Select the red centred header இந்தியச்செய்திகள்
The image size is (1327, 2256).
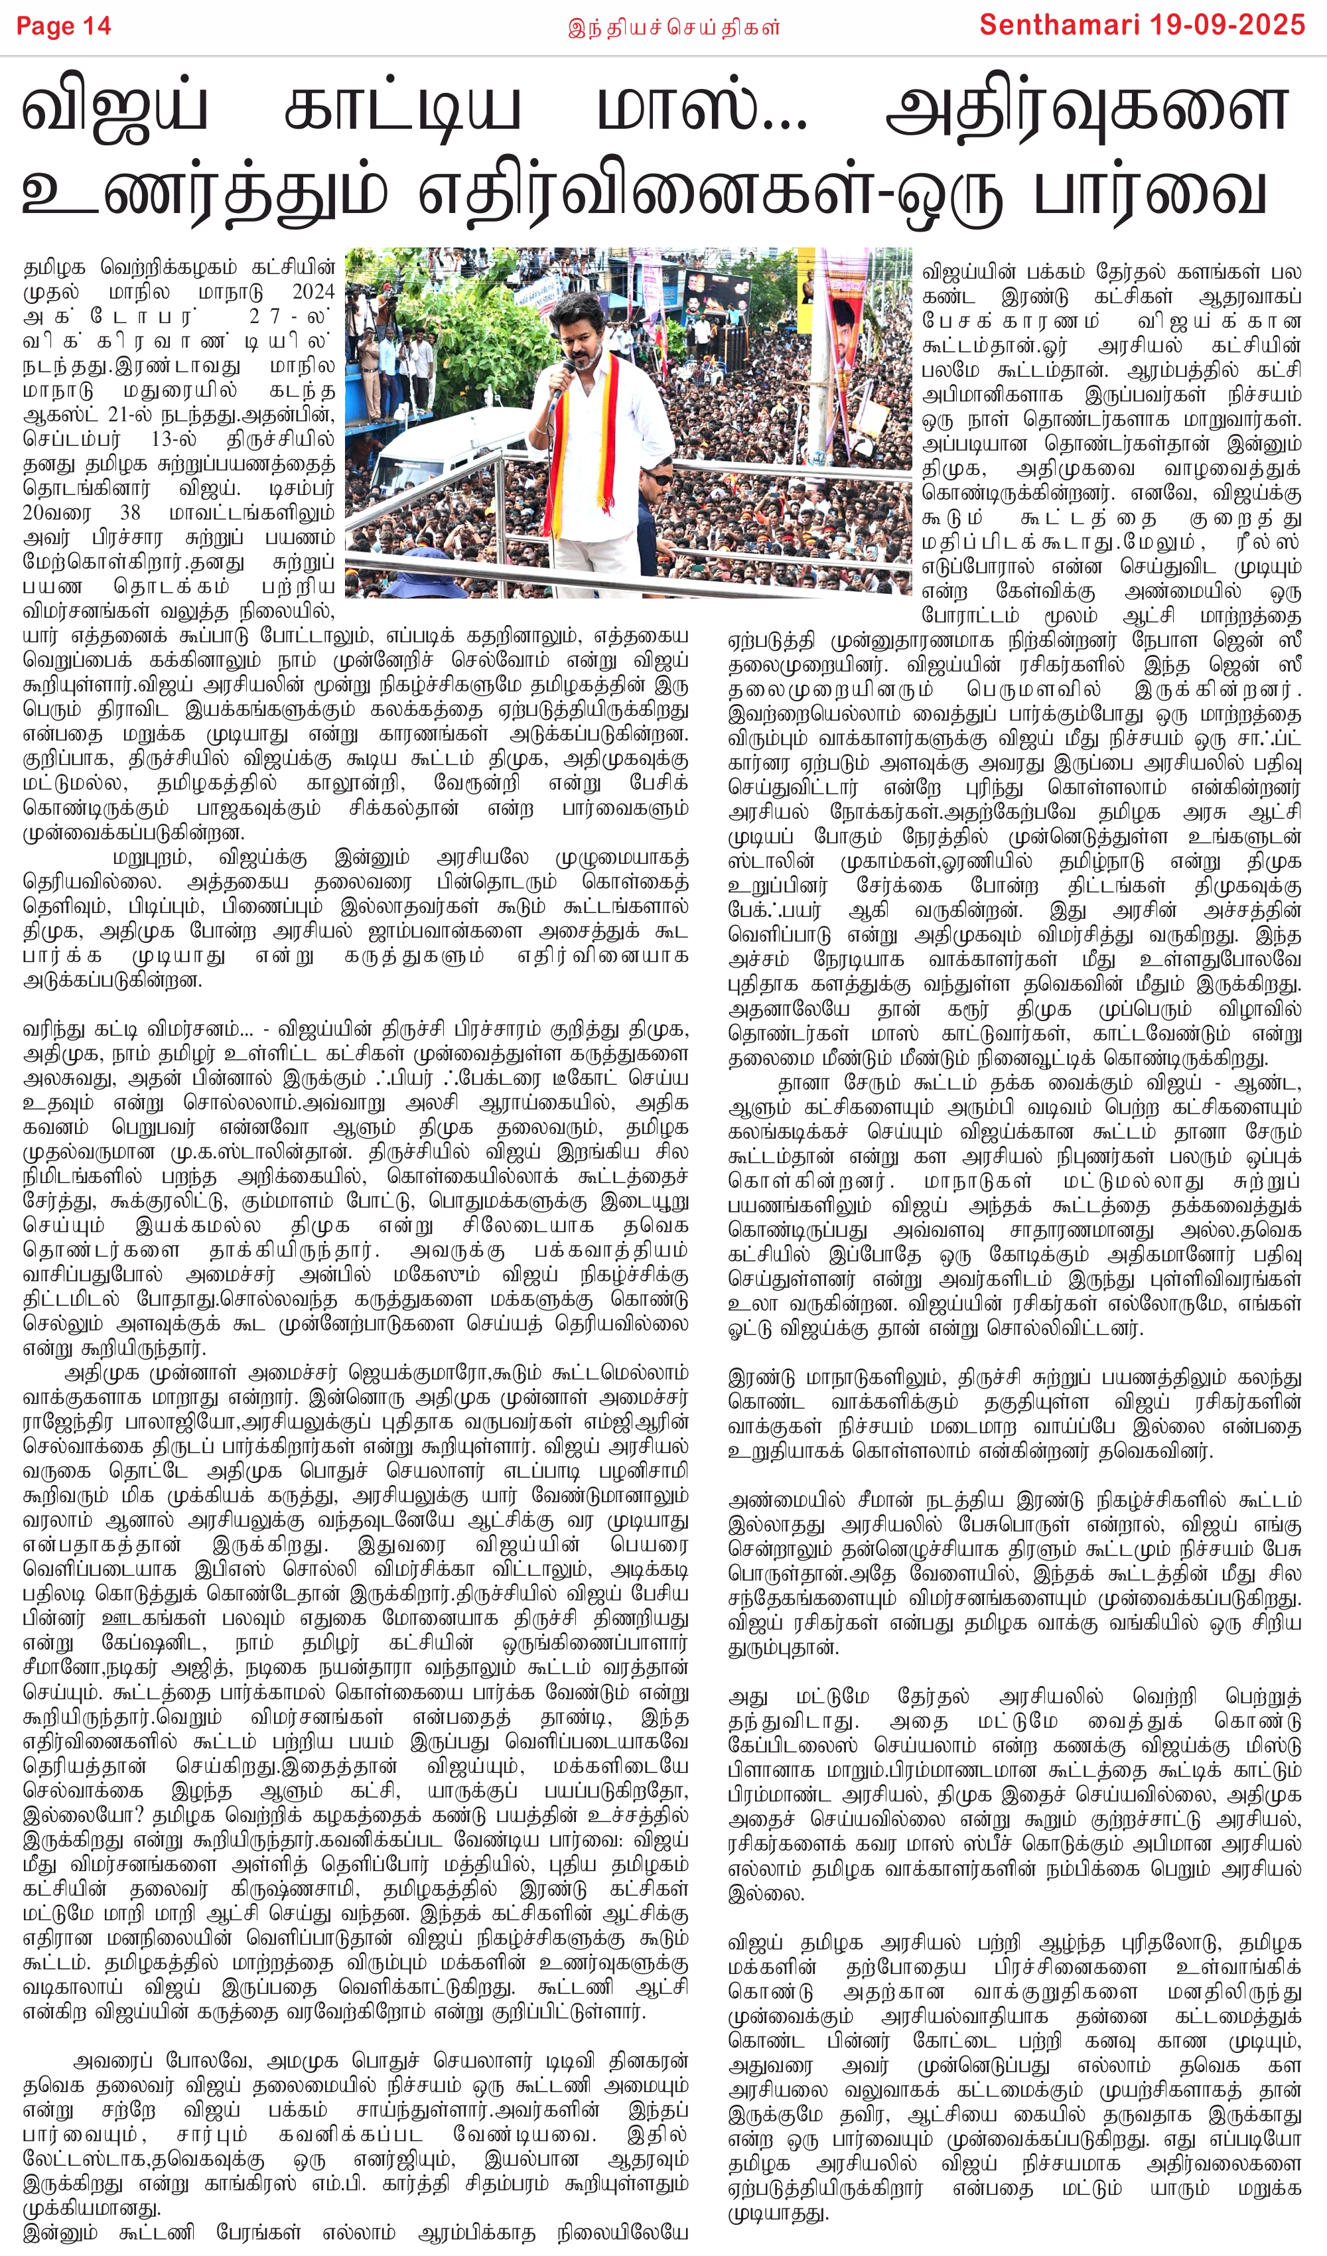point(673,28)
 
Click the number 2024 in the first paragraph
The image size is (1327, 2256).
point(313,292)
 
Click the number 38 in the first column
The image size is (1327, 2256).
point(131,513)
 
